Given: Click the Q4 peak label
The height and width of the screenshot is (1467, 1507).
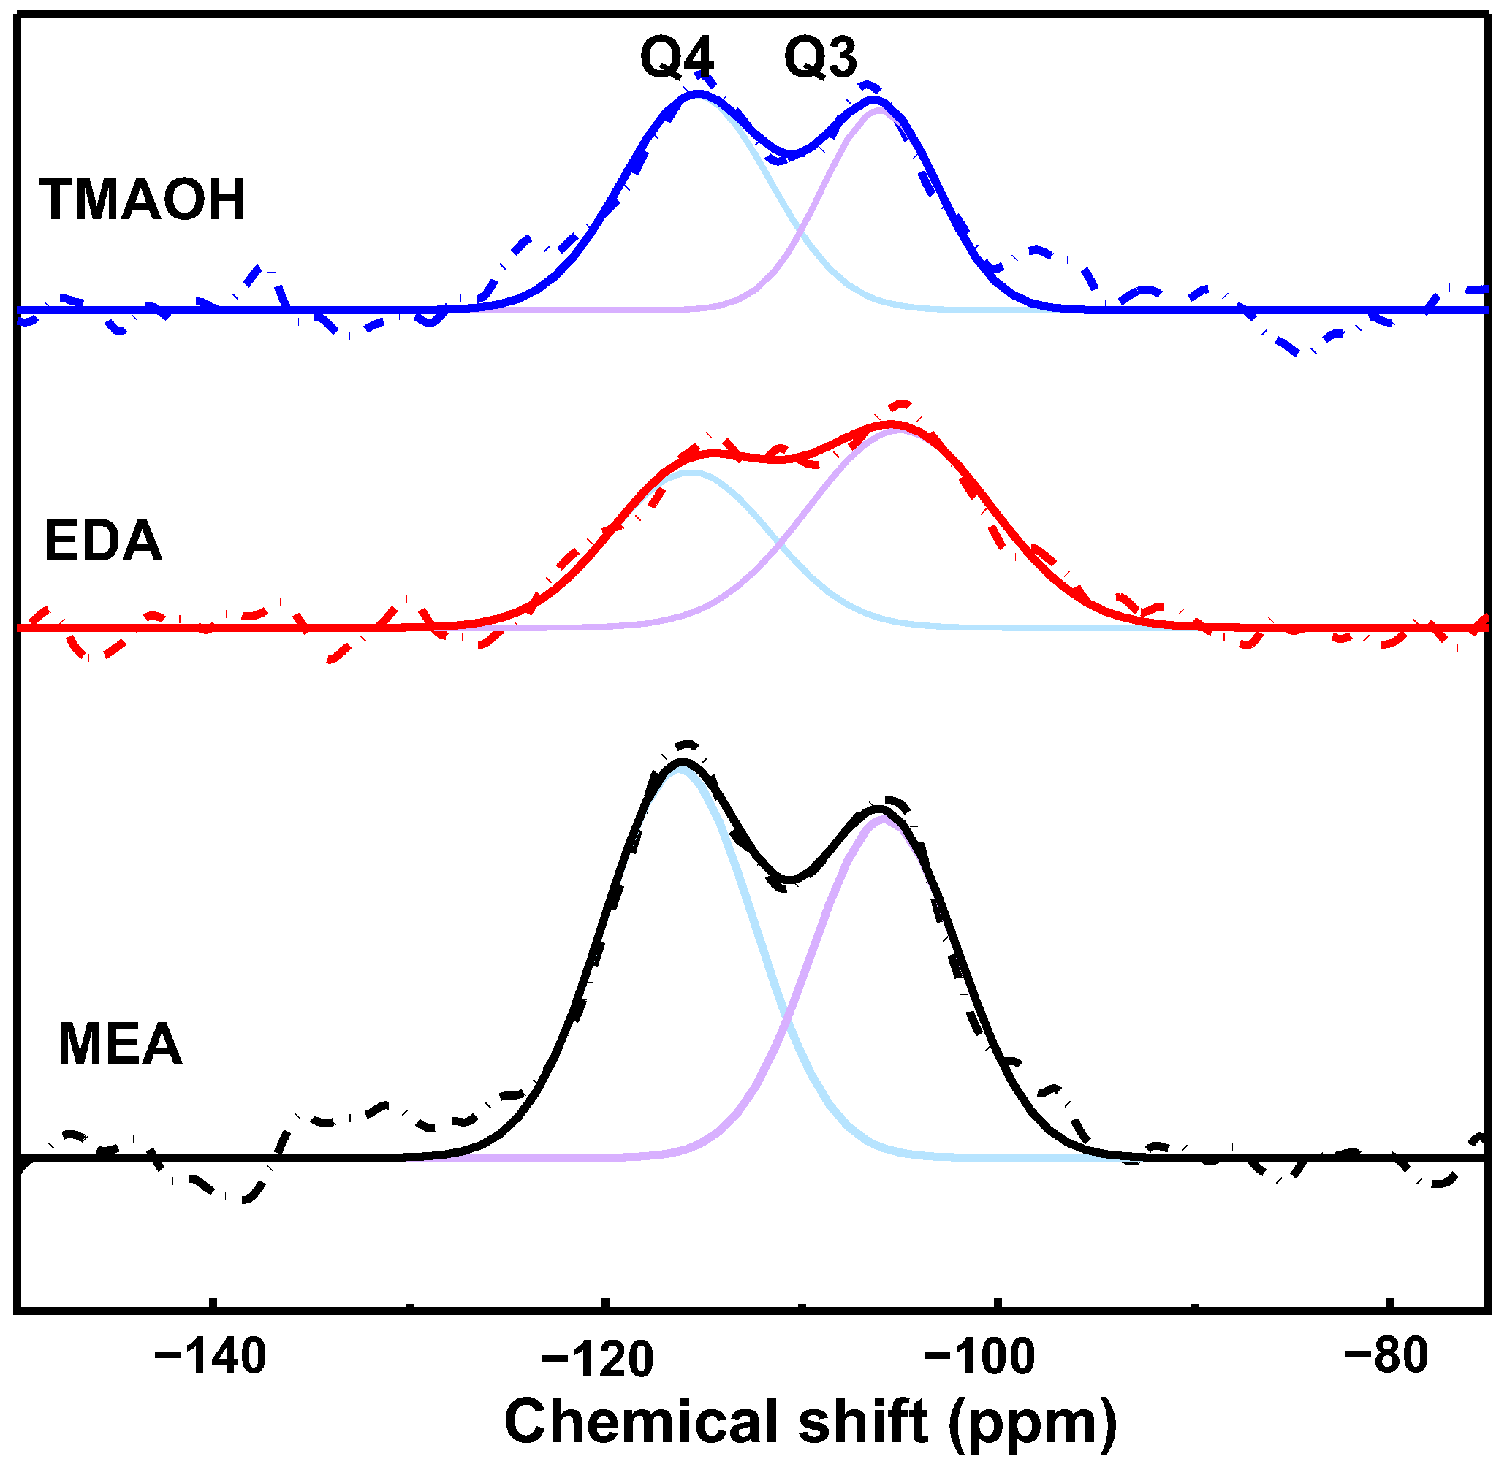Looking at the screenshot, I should coord(677,58).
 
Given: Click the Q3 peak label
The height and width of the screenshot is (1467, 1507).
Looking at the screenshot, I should coord(820,58).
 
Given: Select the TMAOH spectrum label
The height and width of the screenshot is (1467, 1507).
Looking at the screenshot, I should coord(143,200).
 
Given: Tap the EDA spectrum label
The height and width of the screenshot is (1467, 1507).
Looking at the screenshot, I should coord(103,542).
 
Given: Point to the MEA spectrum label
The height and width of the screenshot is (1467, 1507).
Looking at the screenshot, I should coord(121,1045).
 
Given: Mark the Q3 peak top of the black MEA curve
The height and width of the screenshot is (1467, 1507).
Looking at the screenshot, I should coord(878,809).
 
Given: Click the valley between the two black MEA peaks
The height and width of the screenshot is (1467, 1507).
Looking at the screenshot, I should coord(789,878).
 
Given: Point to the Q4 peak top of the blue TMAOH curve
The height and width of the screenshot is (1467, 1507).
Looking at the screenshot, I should coord(699,94).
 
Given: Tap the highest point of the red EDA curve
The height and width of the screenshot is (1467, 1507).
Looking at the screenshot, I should coord(892,424).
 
